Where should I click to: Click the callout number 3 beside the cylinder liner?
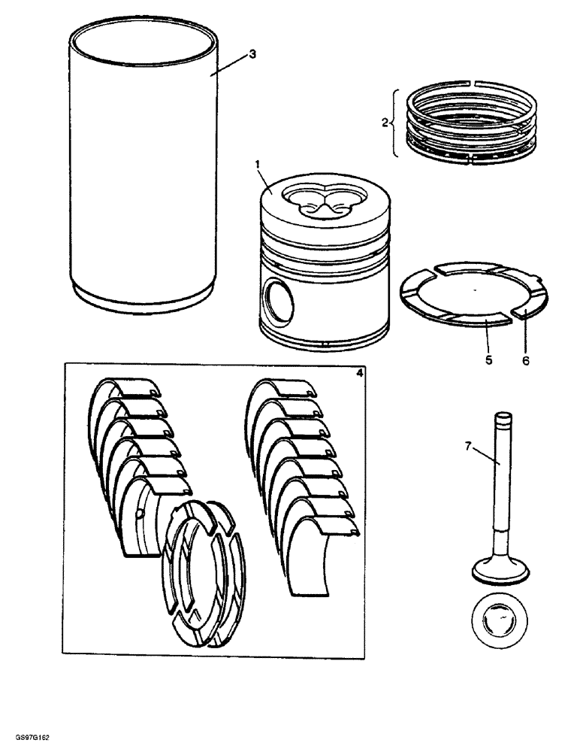(252, 54)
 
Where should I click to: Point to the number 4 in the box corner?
(358, 371)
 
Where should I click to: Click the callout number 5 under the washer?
(488, 360)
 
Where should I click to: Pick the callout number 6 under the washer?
(526, 360)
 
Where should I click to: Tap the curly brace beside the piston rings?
(394, 123)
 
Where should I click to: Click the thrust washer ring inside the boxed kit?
(203, 572)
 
